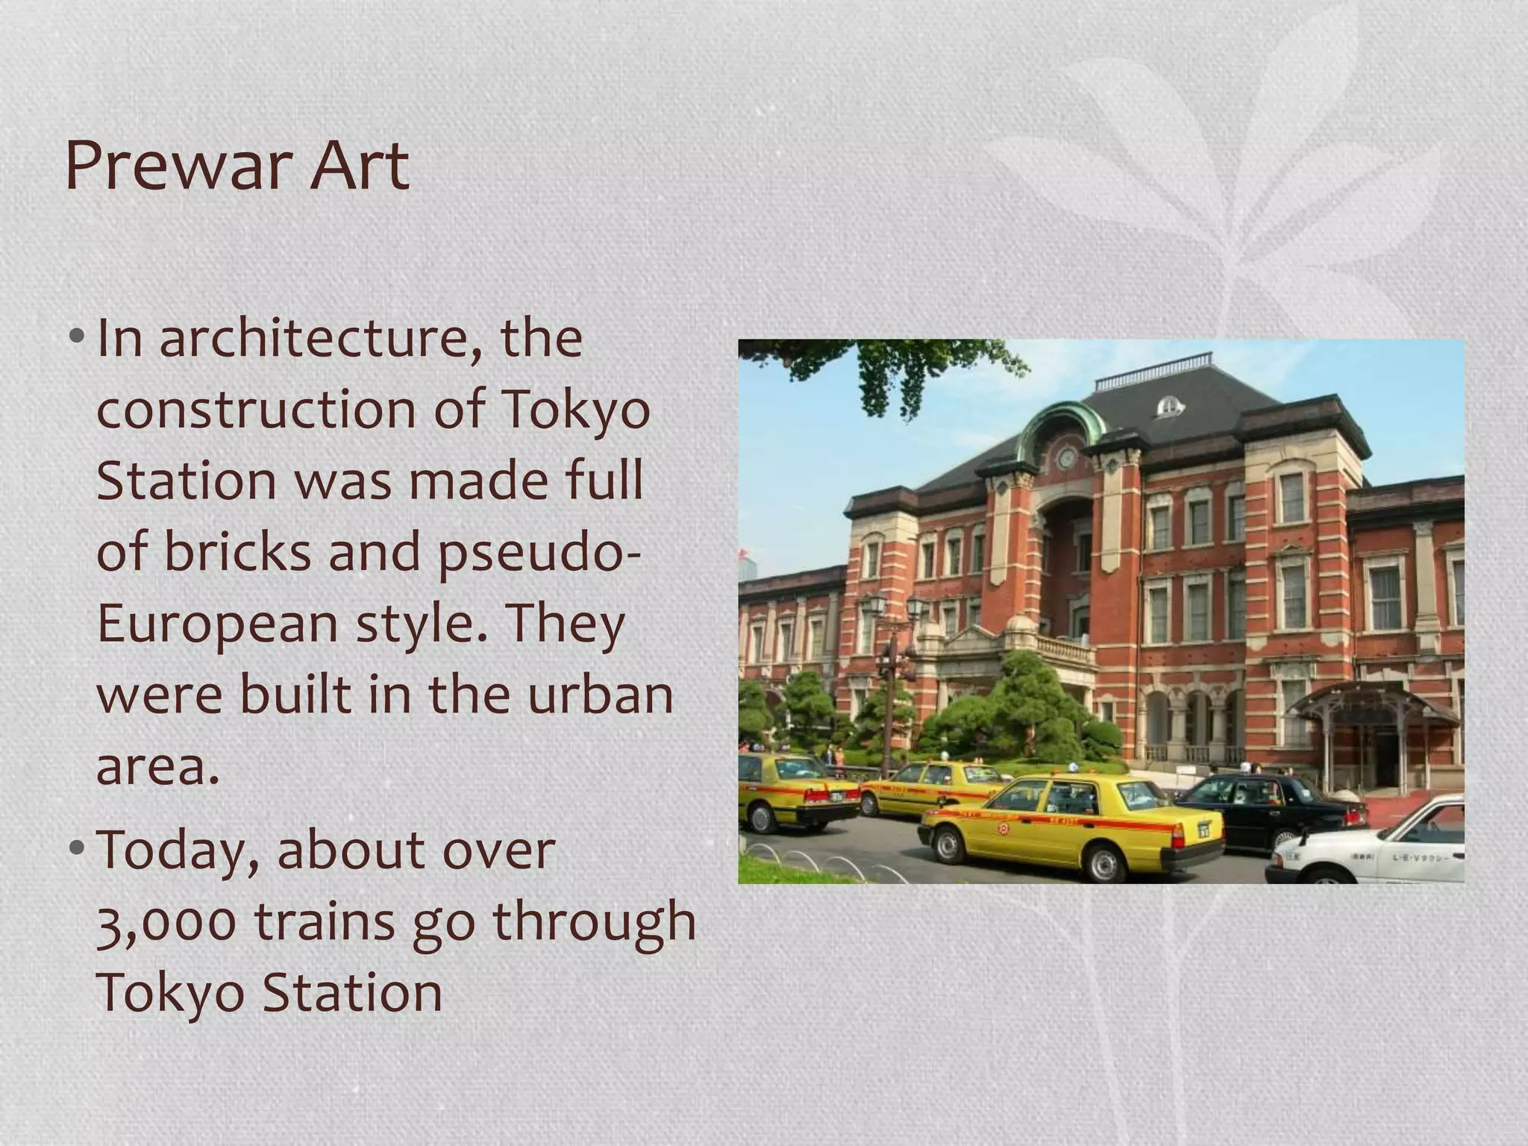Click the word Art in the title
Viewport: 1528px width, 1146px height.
click(x=360, y=166)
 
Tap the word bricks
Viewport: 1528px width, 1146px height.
click(x=237, y=552)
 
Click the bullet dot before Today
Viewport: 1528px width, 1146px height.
click(x=77, y=849)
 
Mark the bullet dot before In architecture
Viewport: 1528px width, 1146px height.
click(x=77, y=336)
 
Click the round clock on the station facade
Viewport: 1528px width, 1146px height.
click(x=1067, y=457)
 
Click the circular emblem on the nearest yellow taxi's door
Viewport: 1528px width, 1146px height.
click(x=1004, y=827)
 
